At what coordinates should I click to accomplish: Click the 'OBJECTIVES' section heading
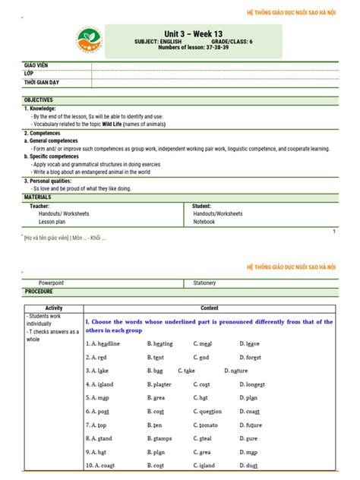pyautogui.click(x=39, y=100)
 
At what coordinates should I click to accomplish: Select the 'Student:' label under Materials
pyautogui.click(x=202, y=206)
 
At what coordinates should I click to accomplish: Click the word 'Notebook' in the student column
pyautogui.click(x=204, y=223)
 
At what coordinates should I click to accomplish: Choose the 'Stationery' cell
pyautogui.click(x=204, y=283)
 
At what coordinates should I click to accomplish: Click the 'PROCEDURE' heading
pyautogui.click(x=39, y=292)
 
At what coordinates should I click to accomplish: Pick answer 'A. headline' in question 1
pyautogui.click(x=103, y=343)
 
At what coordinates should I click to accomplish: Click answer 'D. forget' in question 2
pyautogui.click(x=254, y=357)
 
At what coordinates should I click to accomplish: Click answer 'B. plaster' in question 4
pyautogui.click(x=159, y=384)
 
